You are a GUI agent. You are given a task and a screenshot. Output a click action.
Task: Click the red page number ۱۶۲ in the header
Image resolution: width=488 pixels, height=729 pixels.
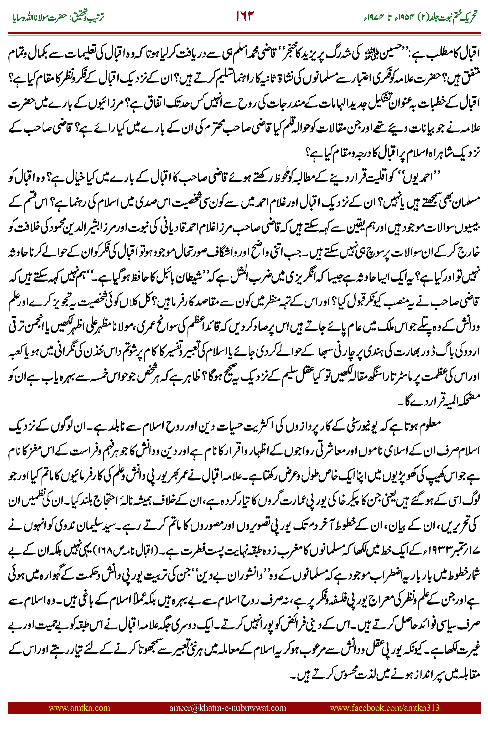coord(245,15)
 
